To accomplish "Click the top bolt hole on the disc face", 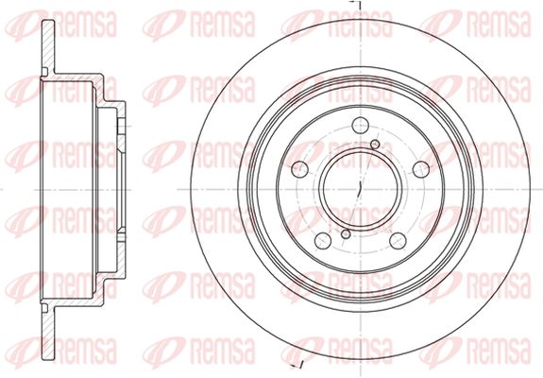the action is pyautogui.click(x=360, y=125).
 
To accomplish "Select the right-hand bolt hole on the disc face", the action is pyautogui.click(x=421, y=169).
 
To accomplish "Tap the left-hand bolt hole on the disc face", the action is pyautogui.click(x=300, y=169).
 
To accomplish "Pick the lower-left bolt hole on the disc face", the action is pyautogui.click(x=323, y=240).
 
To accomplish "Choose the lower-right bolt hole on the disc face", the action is pyautogui.click(x=398, y=240).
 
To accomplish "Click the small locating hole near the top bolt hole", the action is pyautogui.click(x=375, y=145).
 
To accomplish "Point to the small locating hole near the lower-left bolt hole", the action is pyautogui.click(x=346, y=234).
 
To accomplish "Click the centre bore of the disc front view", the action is pyautogui.click(x=360, y=189).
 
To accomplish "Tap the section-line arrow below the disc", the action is pyautogui.click(x=297, y=366).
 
